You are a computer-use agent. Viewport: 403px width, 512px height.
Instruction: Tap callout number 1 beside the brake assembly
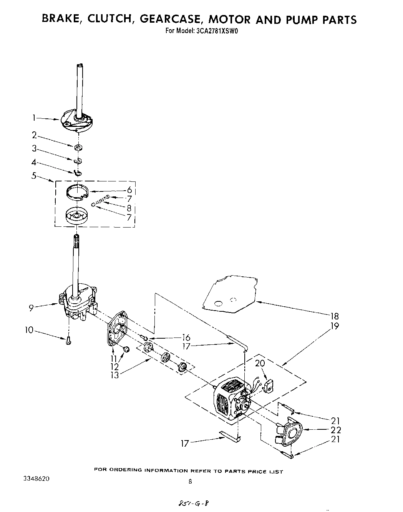click(x=34, y=118)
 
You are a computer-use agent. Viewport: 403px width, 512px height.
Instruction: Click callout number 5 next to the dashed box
click(x=34, y=176)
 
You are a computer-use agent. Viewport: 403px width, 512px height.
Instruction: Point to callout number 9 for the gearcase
click(x=32, y=307)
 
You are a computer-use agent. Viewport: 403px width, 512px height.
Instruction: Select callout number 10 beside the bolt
click(x=29, y=330)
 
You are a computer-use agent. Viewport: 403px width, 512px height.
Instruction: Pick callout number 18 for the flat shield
click(x=334, y=316)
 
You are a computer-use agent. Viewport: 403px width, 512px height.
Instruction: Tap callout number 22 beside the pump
click(x=335, y=430)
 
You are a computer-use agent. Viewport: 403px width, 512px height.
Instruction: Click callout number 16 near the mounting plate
click(x=186, y=337)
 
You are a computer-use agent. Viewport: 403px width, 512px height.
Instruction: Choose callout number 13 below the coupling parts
click(x=114, y=375)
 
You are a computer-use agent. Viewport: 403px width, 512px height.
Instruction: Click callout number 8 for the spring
click(x=129, y=208)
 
